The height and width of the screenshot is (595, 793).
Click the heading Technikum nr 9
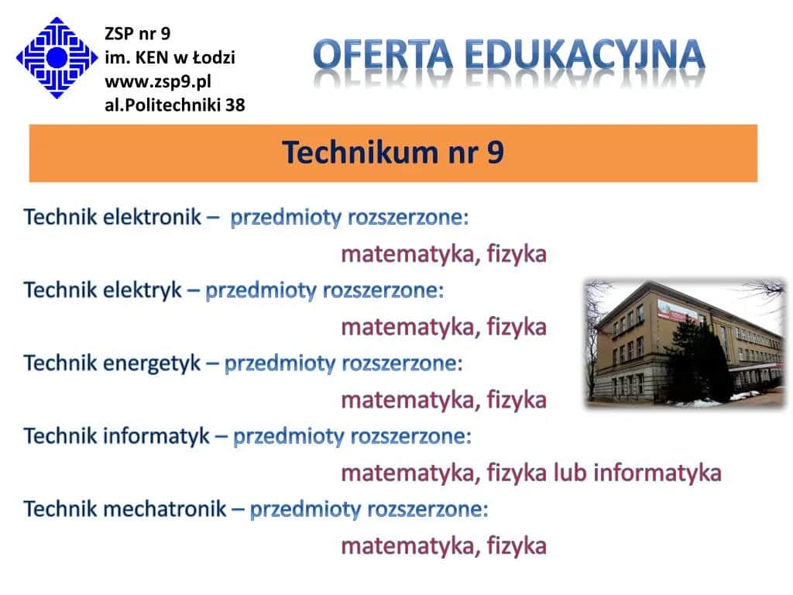pyautogui.click(x=393, y=153)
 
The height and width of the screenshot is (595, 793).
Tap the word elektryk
pyautogui.click(x=142, y=291)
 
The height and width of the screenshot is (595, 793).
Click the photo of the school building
pyautogui.click(x=685, y=342)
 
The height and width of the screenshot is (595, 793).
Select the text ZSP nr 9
pyautogui.click(x=137, y=33)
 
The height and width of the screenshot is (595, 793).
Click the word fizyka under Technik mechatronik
pyautogui.click(x=517, y=546)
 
